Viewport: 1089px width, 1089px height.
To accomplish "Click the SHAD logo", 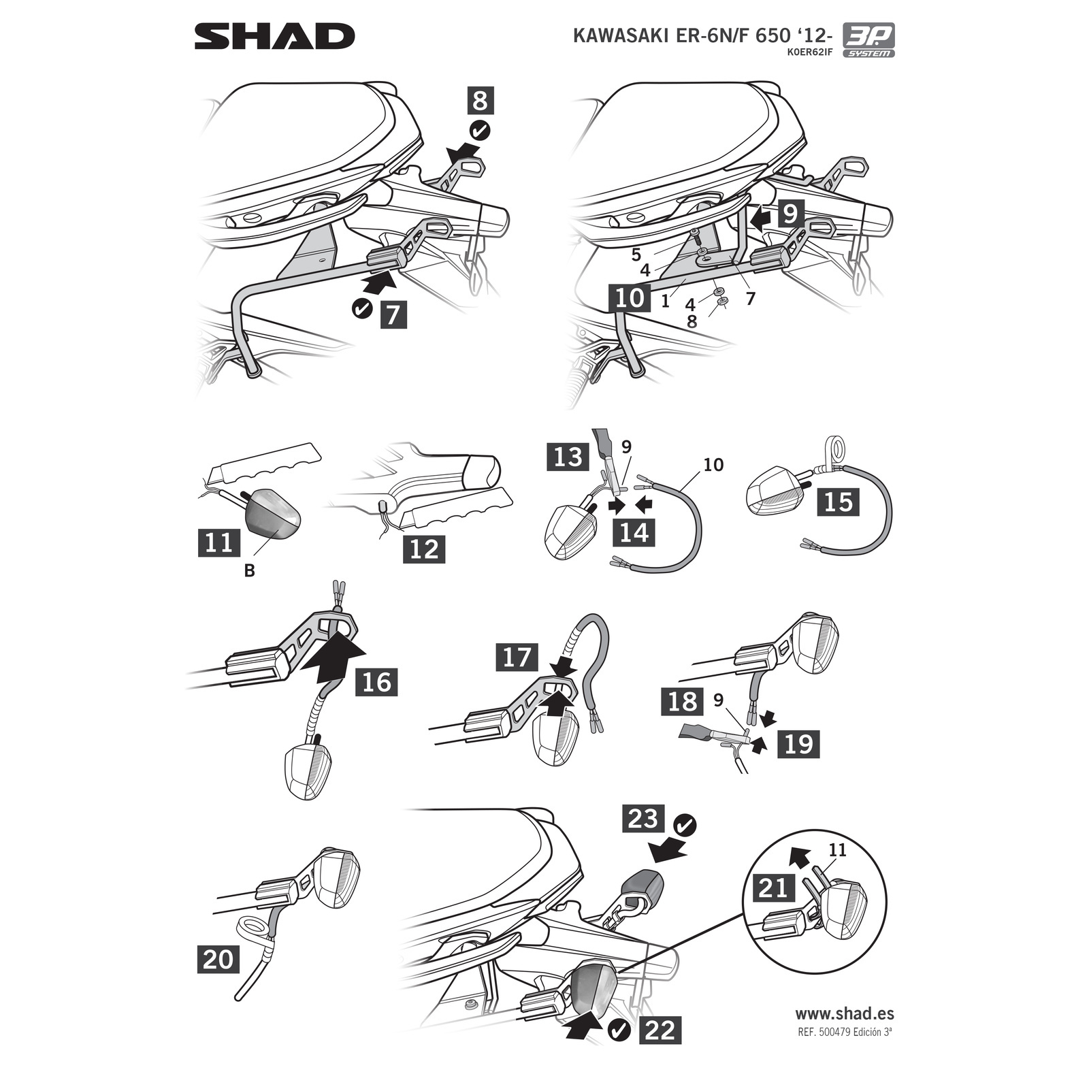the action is click(274, 36).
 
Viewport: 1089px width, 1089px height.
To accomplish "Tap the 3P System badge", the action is click(869, 41).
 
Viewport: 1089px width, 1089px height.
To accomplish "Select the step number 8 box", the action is click(480, 101).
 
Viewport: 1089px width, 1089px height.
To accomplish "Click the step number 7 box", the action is click(393, 314).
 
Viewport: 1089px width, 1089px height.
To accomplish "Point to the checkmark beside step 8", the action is click(481, 130).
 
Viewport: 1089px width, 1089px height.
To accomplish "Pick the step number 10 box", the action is click(630, 297).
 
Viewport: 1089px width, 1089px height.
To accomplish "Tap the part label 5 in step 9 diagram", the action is click(636, 255).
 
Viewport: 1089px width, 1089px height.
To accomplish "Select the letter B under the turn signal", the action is click(249, 571).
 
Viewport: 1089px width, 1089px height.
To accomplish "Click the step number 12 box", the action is click(425, 549).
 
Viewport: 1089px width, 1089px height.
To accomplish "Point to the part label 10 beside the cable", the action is click(713, 465).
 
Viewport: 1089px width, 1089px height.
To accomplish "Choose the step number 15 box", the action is click(838, 502).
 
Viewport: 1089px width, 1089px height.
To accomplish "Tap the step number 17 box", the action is click(517, 657).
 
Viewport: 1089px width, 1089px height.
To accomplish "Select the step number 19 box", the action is click(798, 743).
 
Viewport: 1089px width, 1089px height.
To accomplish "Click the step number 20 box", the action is click(218, 960).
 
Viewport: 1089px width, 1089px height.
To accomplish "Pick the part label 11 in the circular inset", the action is click(837, 851).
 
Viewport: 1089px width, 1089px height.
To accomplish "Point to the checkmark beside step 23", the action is click(685, 826).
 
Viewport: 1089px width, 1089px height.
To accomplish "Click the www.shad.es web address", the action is click(845, 1013).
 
